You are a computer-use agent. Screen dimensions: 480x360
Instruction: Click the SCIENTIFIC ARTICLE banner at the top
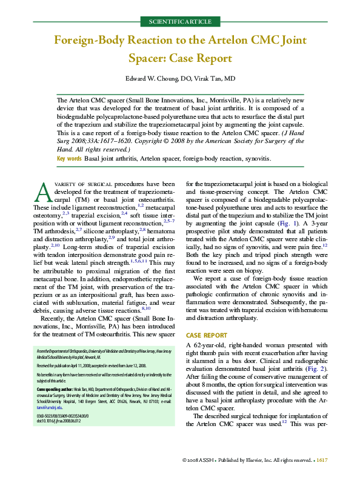[x=180, y=22]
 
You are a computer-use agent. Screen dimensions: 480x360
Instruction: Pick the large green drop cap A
[x=43, y=192]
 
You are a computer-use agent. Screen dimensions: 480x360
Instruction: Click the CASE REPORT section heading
[x=206, y=335]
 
